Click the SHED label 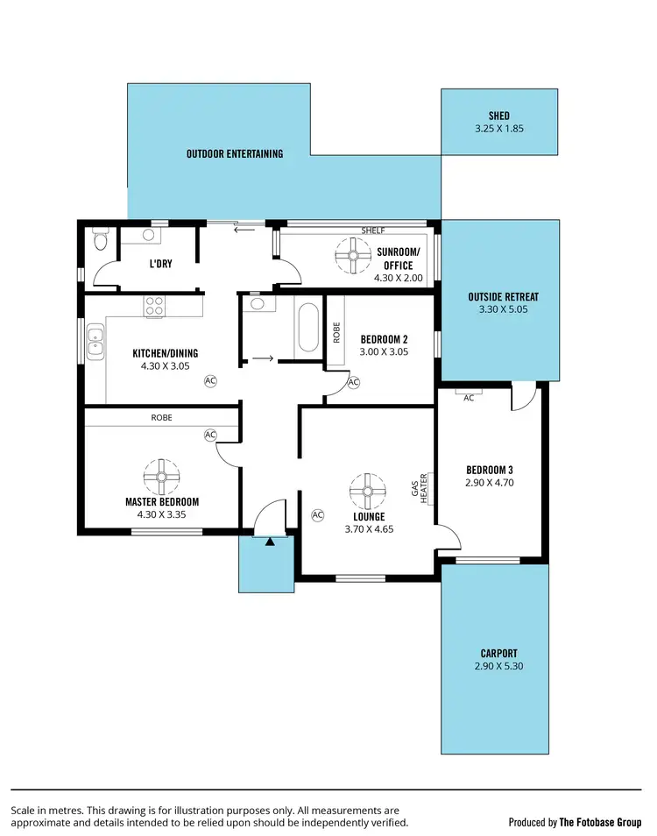point(498,116)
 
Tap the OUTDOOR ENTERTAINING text point(235,153)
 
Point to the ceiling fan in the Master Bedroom point(161,476)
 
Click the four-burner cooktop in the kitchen point(155,306)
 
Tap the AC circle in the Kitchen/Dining point(210,380)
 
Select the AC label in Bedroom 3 point(469,398)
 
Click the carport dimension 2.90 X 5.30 point(498,666)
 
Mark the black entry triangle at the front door point(270,541)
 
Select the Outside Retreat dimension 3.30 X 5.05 point(503,308)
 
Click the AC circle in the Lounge point(317,514)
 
